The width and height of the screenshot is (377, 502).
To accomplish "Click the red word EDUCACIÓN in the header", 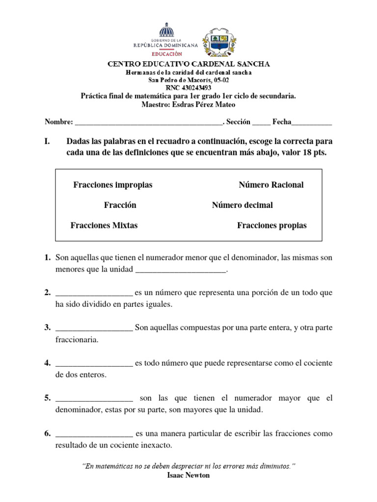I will coord(165,54).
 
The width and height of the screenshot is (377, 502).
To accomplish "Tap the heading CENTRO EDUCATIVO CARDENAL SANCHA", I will coord(188,64).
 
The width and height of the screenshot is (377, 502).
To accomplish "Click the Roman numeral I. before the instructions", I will coord(48,141).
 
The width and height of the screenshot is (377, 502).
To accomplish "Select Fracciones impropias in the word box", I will coord(113,185).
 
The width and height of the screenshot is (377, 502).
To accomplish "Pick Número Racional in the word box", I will coord(271,185).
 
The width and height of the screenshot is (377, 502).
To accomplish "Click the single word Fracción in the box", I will coord(120,205).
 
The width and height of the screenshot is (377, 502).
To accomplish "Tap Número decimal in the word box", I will coord(242,205).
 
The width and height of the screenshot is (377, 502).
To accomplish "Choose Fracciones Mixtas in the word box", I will coord(104,226).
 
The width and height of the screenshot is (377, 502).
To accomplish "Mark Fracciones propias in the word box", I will coord(271,226).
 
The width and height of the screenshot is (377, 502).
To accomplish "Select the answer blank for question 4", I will coord(94,364).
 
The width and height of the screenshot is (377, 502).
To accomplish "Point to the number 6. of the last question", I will coord(48,433).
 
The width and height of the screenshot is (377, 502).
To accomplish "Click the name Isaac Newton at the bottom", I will coord(188,476).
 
